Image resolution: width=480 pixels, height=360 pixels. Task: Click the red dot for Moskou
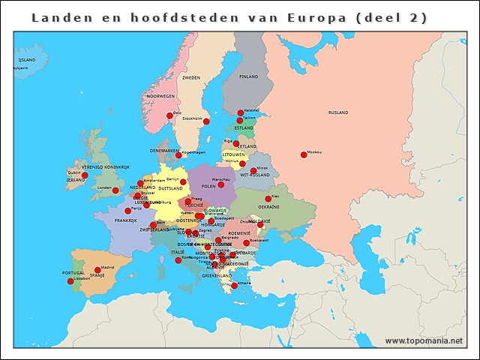tap(304, 155)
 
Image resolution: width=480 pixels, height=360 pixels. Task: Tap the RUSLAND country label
tap(338, 112)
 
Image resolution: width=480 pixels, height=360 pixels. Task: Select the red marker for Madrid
tap(97, 270)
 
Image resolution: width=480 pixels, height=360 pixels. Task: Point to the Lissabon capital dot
tap(70, 281)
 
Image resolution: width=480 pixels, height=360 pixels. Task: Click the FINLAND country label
tap(249, 76)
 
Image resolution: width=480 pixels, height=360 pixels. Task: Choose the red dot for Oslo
tap(169, 116)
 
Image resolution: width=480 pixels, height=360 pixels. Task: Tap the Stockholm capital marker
tap(206, 121)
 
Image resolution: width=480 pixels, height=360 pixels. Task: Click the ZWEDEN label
tap(191, 77)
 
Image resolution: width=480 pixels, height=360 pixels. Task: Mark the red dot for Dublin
tap(85, 175)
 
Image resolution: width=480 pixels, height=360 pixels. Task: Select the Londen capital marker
tap(115, 190)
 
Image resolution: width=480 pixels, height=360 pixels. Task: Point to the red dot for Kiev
tap(268, 199)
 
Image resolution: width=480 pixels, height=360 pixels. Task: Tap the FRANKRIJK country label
tap(125, 220)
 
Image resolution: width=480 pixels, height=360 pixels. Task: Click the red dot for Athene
tap(234, 286)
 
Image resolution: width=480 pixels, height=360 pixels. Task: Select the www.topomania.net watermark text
tap(424, 341)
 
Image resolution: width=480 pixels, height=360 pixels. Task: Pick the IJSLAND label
tap(26, 59)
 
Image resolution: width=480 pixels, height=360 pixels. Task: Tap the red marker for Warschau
tap(220, 184)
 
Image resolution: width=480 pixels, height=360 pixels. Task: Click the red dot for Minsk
tap(253, 171)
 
